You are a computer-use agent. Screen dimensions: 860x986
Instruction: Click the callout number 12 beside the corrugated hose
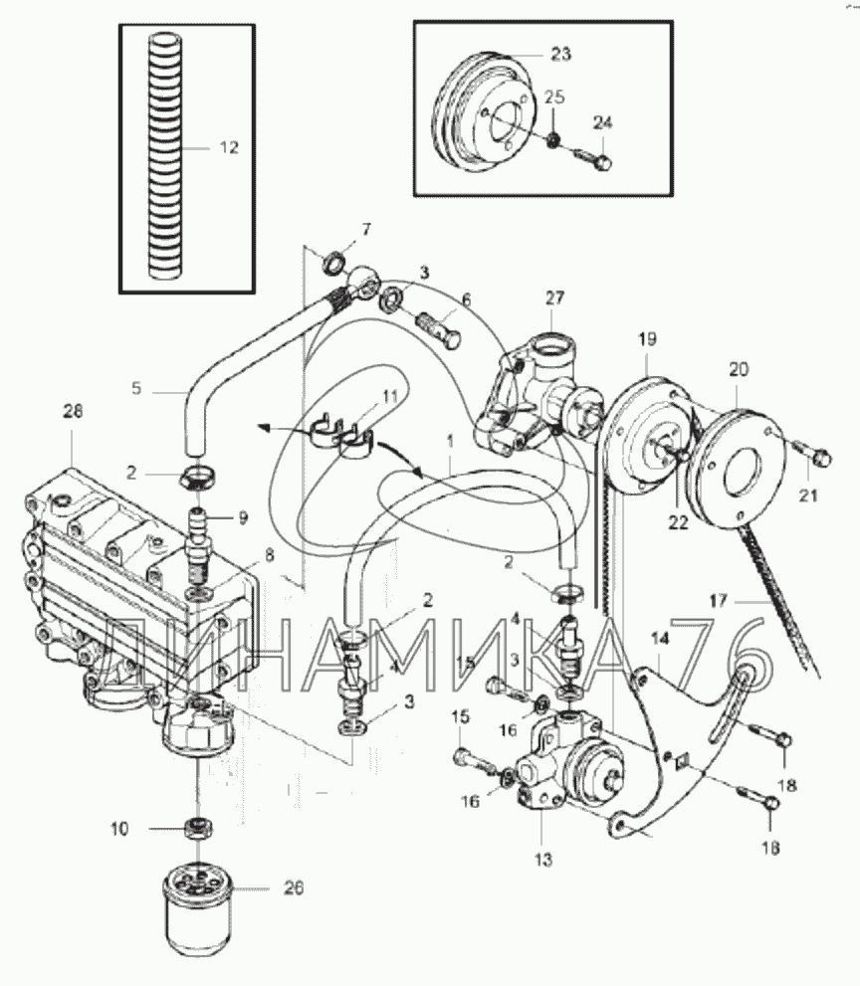(229, 148)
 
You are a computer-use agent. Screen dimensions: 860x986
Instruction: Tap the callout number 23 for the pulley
(560, 54)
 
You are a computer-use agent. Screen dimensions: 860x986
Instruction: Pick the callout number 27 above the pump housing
(554, 297)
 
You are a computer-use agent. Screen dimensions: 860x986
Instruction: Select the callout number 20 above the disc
(739, 369)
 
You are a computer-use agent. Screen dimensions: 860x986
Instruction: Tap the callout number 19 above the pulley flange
(647, 339)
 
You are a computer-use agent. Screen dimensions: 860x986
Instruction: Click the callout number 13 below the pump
(543, 859)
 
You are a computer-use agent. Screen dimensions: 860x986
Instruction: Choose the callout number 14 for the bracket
(659, 640)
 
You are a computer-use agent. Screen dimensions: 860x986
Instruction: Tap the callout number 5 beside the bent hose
(136, 389)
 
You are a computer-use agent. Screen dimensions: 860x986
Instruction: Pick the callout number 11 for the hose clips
(390, 396)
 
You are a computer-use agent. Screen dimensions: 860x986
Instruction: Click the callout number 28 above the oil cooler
(73, 411)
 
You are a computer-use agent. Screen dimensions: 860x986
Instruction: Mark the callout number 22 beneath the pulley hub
(678, 522)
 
